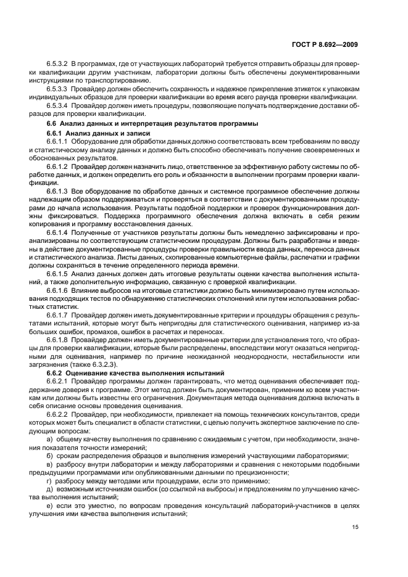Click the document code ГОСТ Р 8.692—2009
click(327, 44)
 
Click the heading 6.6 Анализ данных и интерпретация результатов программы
click(136, 125)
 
